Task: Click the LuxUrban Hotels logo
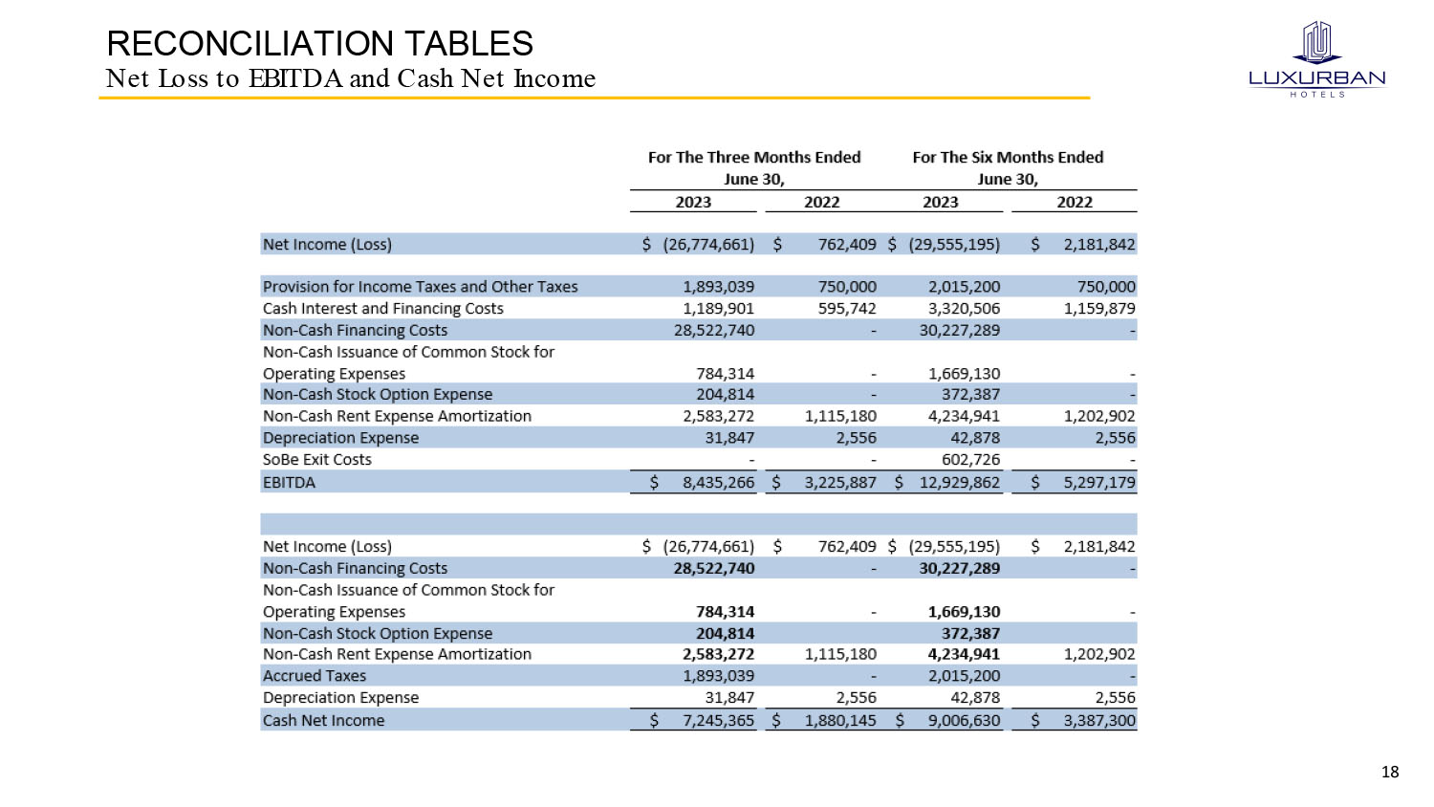pyautogui.click(x=1316, y=59)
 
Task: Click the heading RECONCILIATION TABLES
pyautogui.click(x=319, y=44)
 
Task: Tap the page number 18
pyautogui.click(x=1390, y=772)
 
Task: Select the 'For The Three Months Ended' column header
pyautogui.click(x=753, y=158)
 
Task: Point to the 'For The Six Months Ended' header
pyautogui.click(x=1008, y=158)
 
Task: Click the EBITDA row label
pyautogui.click(x=289, y=483)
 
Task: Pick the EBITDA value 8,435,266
pyautogui.click(x=718, y=483)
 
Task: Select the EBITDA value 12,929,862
pyautogui.click(x=959, y=483)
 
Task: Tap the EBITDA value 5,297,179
pyautogui.click(x=1099, y=483)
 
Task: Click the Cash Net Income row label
pyautogui.click(x=323, y=721)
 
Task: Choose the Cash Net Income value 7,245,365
pyautogui.click(x=718, y=721)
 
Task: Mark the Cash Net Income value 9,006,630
pyautogui.click(x=964, y=721)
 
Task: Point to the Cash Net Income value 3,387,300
pyautogui.click(x=1099, y=721)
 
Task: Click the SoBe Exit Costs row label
pyautogui.click(x=316, y=460)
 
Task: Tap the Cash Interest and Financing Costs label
pyautogui.click(x=382, y=309)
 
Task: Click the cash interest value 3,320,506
pyautogui.click(x=964, y=309)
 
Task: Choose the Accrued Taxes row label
pyautogui.click(x=314, y=676)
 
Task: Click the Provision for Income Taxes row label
pyautogui.click(x=420, y=287)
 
